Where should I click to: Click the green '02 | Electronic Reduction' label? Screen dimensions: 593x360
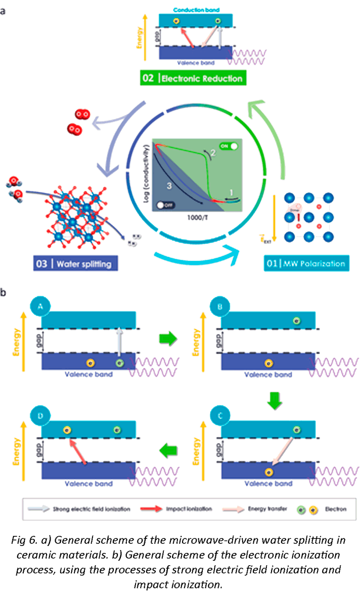point(193,78)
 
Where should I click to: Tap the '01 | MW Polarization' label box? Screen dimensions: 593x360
point(306,263)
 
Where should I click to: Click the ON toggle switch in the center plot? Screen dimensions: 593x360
point(229,146)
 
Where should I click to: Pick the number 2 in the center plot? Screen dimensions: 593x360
point(213,153)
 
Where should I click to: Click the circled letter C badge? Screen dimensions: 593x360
point(220,416)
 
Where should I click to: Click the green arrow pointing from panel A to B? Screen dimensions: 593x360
point(168,339)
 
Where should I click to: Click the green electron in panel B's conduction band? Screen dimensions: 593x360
point(297,321)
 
